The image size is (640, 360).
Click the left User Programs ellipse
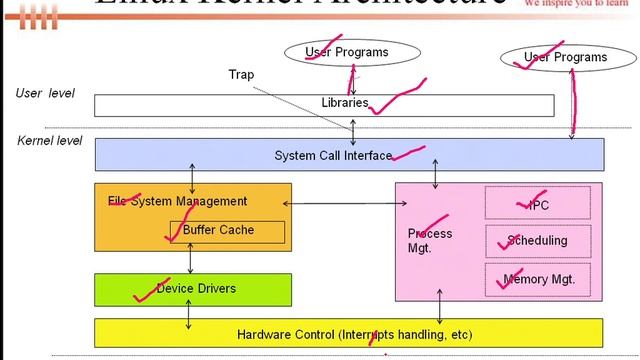[x=346, y=52]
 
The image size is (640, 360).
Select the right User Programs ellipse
[x=566, y=57]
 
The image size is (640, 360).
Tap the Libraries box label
[x=345, y=103]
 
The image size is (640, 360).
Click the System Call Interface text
[x=333, y=156]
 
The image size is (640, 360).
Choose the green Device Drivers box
[x=194, y=289]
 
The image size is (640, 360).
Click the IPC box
[x=538, y=205]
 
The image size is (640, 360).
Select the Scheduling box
[x=538, y=240]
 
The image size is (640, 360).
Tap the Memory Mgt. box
[x=538, y=280]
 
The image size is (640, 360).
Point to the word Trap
[x=242, y=75]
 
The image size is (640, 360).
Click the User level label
[x=45, y=93]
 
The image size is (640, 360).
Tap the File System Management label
[x=177, y=201]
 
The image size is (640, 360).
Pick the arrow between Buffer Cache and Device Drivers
[x=191, y=258]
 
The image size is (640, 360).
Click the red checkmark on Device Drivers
[x=144, y=294]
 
